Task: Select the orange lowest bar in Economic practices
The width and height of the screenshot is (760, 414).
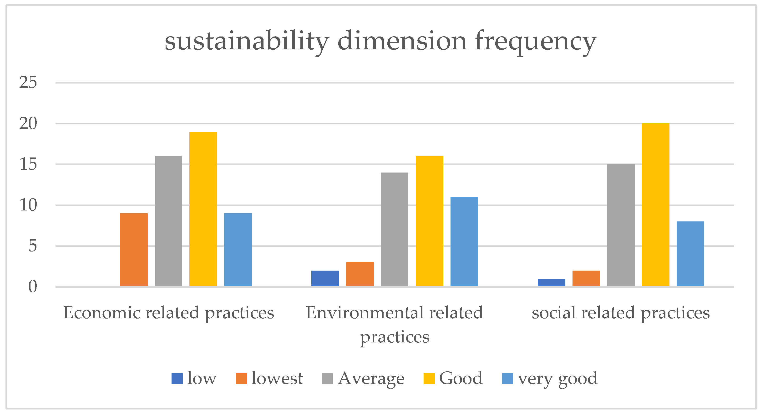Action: [134, 250]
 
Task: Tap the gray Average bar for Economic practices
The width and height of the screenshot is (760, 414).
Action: [168, 221]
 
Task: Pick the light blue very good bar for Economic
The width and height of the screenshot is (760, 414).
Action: [238, 250]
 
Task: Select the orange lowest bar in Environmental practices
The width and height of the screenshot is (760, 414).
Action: [360, 274]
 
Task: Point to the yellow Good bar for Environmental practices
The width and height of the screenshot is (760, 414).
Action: [429, 221]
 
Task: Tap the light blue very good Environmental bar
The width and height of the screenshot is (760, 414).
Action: [464, 241]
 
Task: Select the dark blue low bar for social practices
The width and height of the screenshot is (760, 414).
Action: [551, 283]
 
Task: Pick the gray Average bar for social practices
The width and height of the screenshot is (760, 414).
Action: [621, 225]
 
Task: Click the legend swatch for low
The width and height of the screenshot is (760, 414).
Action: [177, 379]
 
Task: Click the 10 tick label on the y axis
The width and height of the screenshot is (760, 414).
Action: [28, 205]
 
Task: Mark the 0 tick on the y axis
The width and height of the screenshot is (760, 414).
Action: [32, 287]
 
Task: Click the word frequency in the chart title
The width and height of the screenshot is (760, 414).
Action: [536, 42]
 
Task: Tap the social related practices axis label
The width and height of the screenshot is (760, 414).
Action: [621, 313]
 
